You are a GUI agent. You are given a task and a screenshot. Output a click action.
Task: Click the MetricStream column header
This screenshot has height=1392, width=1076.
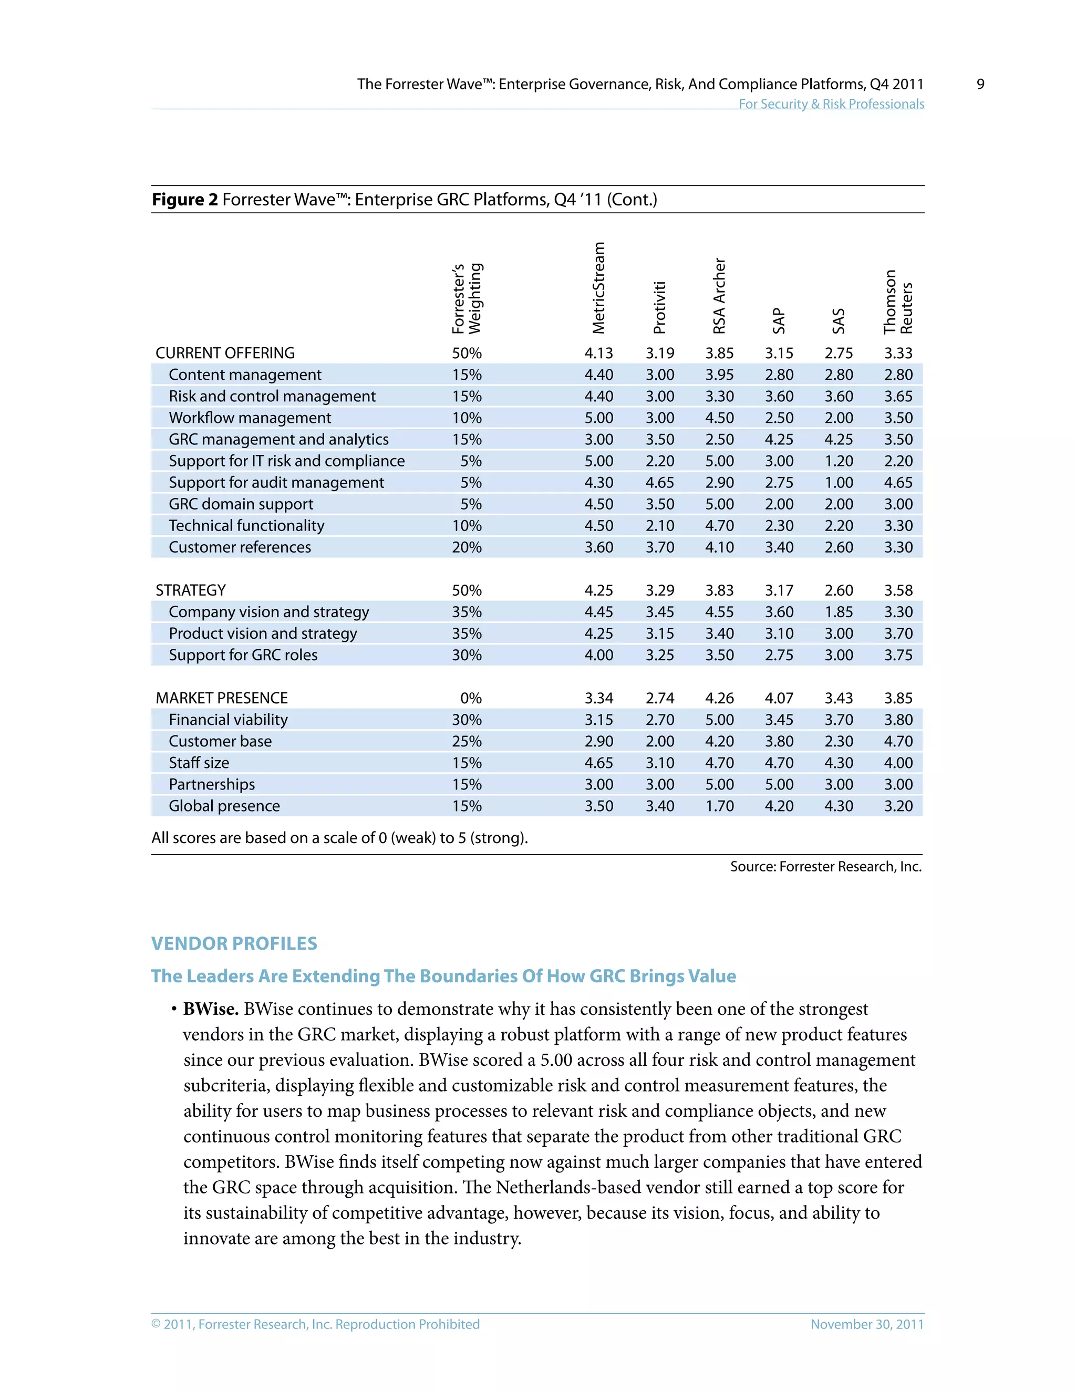[598, 288]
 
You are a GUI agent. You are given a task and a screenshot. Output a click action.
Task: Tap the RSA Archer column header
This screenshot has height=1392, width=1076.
[719, 296]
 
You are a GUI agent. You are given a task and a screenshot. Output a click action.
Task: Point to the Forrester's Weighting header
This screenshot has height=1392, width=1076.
[467, 298]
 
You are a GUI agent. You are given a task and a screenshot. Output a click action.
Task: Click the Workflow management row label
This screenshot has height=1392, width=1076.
[250, 418]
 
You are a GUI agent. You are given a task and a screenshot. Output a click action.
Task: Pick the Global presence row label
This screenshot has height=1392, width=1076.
[224, 806]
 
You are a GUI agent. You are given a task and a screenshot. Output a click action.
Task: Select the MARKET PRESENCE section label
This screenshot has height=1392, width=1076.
[221, 699]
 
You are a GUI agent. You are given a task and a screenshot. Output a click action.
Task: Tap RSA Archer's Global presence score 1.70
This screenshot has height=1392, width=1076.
[719, 806]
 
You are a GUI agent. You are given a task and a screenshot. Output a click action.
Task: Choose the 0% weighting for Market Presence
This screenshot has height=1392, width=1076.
[470, 699]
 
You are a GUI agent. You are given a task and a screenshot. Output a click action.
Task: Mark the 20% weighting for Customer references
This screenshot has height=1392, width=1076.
[467, 547]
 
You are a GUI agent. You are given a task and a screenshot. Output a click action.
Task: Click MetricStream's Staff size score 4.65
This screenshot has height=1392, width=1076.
[598, 763]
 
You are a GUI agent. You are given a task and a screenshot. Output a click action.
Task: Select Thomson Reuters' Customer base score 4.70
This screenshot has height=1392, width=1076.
[898, 741]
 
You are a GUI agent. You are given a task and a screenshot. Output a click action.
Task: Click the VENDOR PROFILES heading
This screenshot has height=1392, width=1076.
[234, 944]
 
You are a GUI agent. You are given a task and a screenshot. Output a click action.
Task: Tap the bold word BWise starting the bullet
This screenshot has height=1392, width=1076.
[210, 1010]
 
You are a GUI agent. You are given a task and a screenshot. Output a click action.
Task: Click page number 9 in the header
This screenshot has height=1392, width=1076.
[980, 84]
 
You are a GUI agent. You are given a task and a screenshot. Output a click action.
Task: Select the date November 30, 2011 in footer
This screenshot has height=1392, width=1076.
[866, 1324]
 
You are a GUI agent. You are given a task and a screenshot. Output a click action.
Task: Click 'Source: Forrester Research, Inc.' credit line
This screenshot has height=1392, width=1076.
[825, 867]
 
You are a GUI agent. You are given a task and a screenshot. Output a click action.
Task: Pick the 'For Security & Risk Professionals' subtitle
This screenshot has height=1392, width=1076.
[831, 104]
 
